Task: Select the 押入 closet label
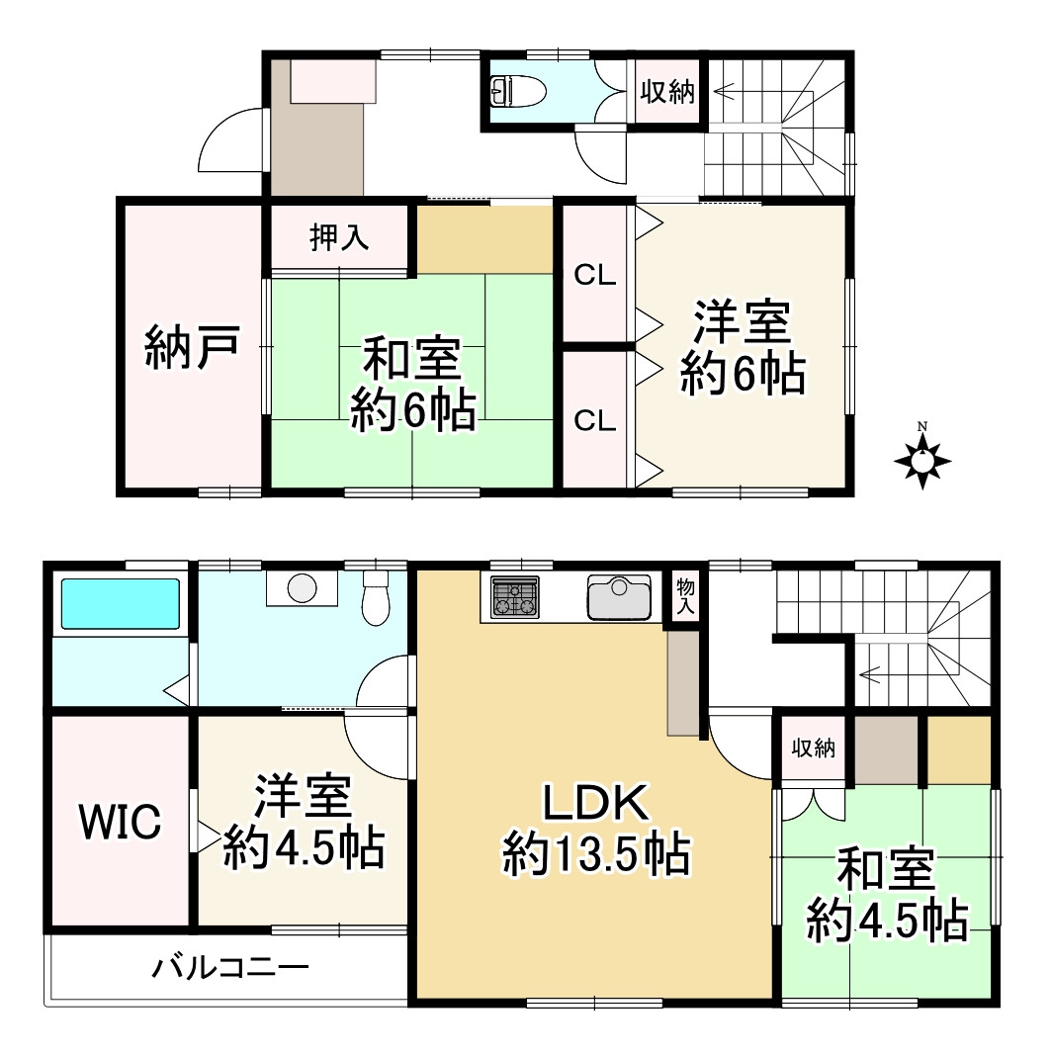(339, 238)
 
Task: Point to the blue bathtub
(120, 603)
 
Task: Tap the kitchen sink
(618, 595)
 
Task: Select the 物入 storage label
(684, 595)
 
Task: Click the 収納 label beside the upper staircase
(667, 93)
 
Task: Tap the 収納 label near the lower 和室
(813, 749)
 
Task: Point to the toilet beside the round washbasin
(377, 597)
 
